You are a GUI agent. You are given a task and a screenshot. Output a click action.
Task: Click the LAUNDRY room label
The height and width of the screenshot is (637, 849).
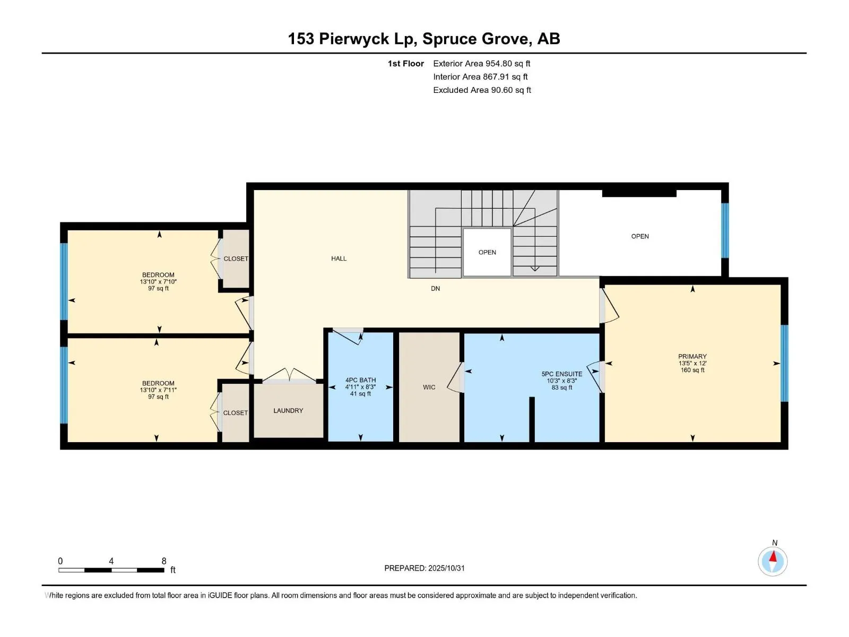pos(288,410)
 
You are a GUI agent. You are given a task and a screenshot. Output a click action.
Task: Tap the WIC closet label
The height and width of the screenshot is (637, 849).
pos(429,387)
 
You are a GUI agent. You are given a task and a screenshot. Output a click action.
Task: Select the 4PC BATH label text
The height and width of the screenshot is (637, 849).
pos(360,380)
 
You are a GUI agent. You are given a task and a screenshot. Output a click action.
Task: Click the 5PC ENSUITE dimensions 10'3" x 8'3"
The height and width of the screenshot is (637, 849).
pos(561,381)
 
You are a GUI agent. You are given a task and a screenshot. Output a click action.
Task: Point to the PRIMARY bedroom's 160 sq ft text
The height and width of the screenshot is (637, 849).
pos(692,370)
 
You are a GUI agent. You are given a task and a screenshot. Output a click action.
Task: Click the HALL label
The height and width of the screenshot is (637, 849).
pos(339,259)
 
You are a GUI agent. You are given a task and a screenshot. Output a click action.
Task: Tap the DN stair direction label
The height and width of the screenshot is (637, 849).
pos(435,289)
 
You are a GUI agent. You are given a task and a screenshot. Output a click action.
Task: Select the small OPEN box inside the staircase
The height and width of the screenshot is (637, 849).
pos(487,252)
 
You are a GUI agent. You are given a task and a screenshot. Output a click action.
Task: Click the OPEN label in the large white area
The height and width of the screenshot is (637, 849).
pos(640,236)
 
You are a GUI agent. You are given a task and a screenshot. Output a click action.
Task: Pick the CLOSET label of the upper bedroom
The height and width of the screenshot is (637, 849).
pos(236,259)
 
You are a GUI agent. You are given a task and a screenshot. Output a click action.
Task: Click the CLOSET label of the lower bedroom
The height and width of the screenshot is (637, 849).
pos(235,412)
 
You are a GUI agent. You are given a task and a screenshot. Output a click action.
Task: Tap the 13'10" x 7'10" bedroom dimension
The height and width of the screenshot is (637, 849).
pos(158,282)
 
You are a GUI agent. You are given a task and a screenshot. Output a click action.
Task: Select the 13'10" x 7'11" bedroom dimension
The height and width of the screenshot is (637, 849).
pos(158,390)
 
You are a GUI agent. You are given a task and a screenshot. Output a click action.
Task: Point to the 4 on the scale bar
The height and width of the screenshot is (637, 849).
pos(111,561)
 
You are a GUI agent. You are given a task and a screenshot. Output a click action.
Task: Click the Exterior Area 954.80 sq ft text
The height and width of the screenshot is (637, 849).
pos(481,64)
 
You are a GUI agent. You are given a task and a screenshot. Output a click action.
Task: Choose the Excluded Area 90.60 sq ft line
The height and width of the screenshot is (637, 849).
pos(481,90)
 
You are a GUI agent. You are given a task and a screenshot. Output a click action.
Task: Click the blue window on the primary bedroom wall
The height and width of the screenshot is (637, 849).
pos(784,363)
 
